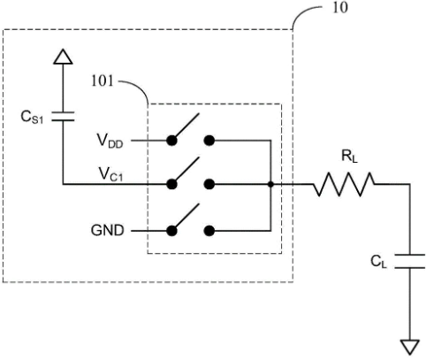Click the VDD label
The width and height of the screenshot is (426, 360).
click(110, 141)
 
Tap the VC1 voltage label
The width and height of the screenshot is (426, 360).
click(110, 174)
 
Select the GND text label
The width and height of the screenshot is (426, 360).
click(107, 231)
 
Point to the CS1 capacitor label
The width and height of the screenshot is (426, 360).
click(32, 117)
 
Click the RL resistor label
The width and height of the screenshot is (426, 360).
click(349, 157)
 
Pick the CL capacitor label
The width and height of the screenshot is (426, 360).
click(378, 262)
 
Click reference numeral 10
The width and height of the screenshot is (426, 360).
click(340, 7)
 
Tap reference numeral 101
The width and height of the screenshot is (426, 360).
click(103, 80)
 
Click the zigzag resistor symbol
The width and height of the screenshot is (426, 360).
click(344, 185)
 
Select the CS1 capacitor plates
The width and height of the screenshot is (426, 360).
click(63, 117)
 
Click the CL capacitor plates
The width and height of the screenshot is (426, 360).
click(410, 261)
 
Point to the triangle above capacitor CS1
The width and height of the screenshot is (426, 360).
click(63, 57)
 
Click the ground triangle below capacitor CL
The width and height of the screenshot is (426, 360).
click(410, 347)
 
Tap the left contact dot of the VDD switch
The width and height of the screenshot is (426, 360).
click(171, 141)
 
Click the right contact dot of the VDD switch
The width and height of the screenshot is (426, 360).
click(209, 141)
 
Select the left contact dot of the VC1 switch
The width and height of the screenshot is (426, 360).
click(171, 185)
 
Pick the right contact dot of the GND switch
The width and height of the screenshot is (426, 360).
click(209, 231)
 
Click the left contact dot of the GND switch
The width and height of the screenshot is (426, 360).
click(171, 231)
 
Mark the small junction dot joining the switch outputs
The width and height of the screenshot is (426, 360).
click(270, 185)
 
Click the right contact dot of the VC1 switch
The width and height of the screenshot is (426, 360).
click(209, 185)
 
